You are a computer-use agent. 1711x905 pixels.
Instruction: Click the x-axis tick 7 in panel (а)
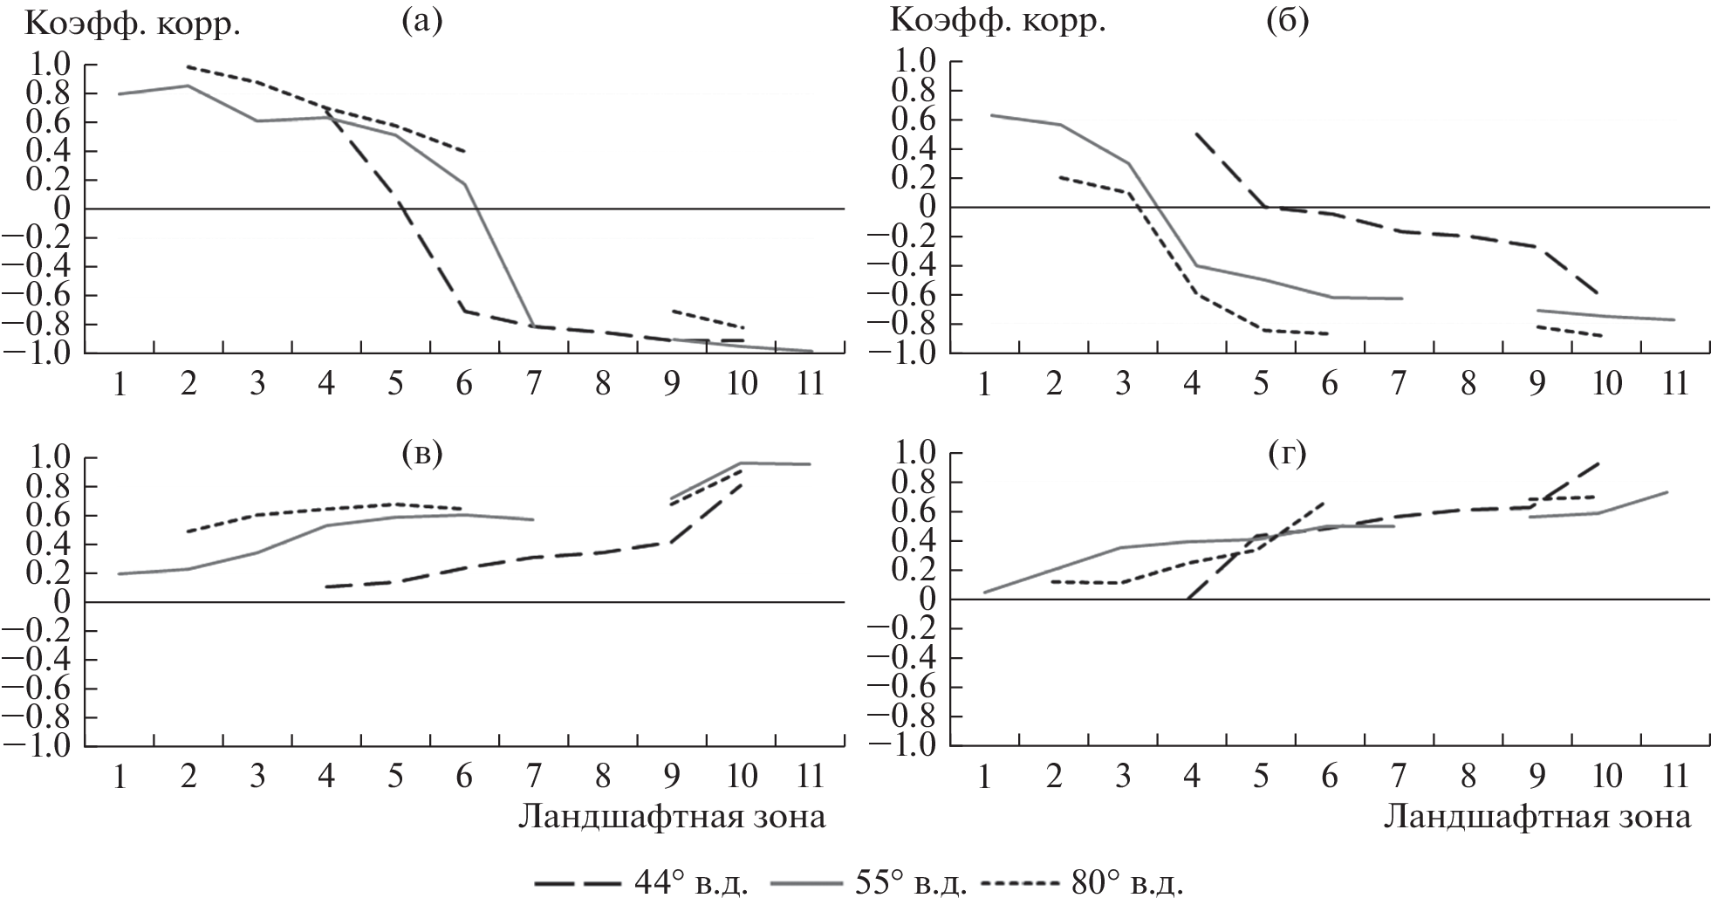533,385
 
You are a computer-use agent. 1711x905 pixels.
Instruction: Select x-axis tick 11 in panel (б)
1674,385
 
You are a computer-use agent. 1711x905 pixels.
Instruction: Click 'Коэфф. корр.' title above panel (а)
133,24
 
